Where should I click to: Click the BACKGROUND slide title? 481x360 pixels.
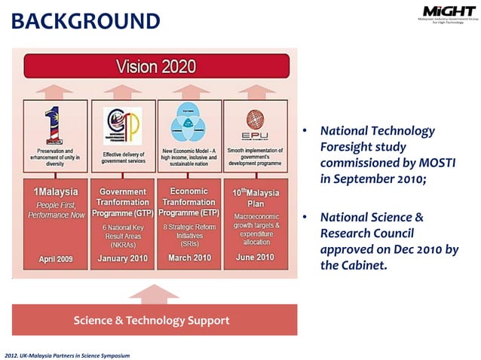(85, 20)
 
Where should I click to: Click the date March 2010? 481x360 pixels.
(188, 259)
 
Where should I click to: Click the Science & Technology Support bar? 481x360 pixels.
(152, 321)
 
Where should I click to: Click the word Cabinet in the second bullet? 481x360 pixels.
(363, 264)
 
